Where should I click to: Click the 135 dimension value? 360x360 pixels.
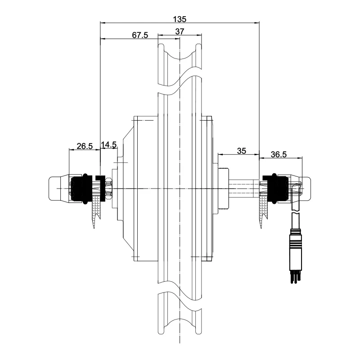click(180, 19)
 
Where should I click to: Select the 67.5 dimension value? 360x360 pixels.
click(140, 35)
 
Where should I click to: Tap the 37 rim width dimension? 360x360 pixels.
click(180, 31)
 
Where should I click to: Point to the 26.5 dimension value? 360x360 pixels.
click(85, 146)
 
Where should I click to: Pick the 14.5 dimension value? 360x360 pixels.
click(109, 144)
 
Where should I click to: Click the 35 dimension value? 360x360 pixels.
click(242, 151)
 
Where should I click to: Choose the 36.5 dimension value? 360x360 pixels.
click(279, 154)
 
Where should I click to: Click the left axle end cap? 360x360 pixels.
click(59, 188)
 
